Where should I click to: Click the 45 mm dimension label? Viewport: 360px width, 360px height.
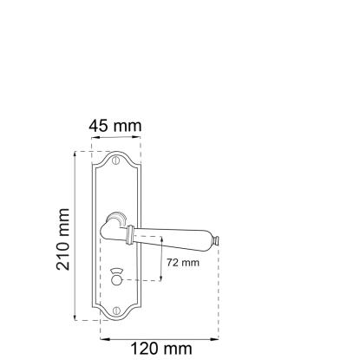click(115, 126)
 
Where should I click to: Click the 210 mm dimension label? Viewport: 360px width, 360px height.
click(63, 239)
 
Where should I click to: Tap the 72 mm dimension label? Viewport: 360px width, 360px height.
click(183, 263)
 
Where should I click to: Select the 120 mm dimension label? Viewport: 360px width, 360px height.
click(161, 349)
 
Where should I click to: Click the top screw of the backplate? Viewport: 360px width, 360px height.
click(116, 160)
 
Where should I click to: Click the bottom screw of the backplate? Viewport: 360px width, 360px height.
click(116, 311)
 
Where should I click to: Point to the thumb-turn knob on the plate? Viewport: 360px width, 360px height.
click(116, 278)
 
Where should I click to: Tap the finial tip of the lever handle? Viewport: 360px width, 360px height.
click(216, 241)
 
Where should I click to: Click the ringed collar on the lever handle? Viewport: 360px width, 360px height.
click(130, 235)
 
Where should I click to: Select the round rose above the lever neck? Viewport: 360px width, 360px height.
click(116, 217)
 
